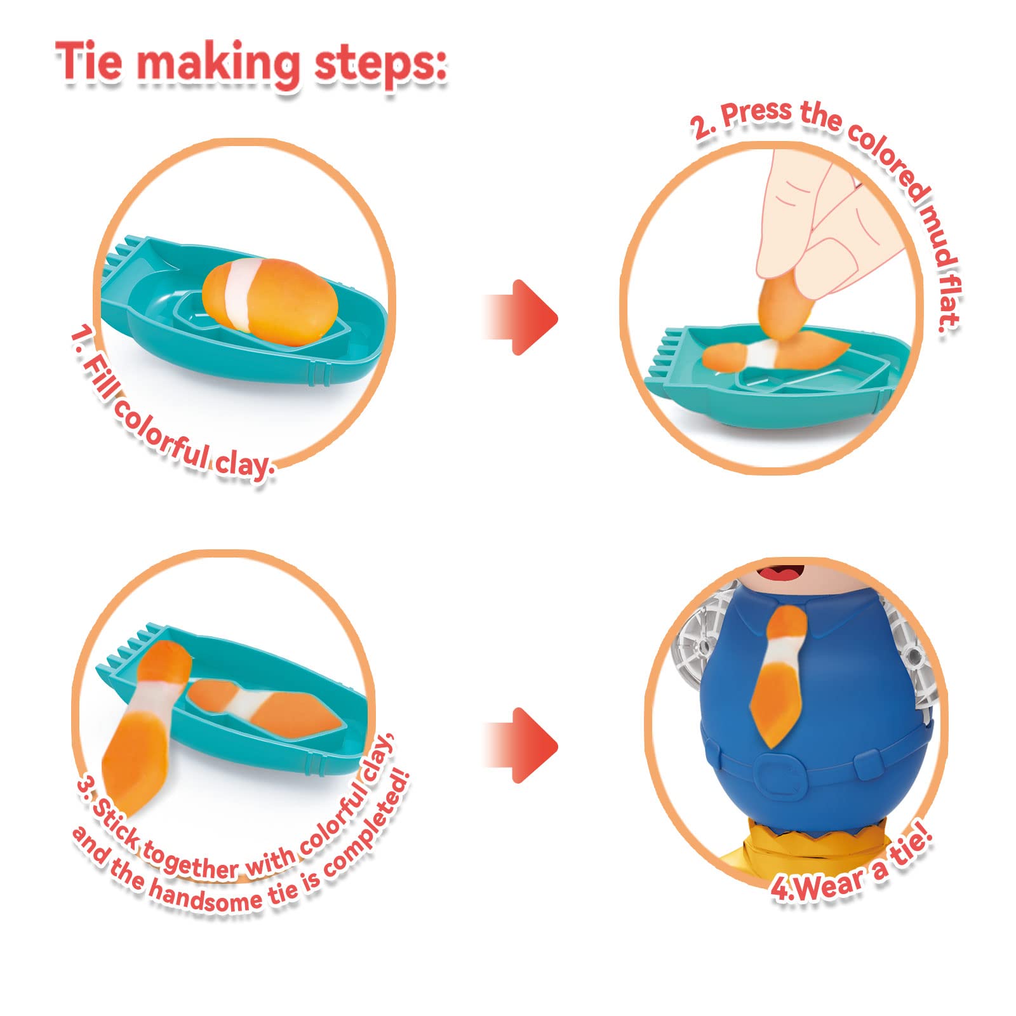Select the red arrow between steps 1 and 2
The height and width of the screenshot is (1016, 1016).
[x=521, y=317]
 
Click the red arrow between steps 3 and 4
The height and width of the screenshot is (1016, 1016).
[x=521, y=745]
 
